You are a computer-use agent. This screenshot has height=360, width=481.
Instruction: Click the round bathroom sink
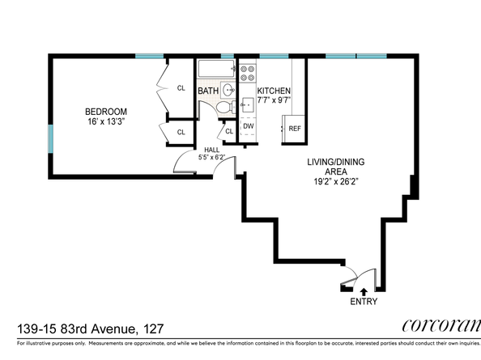[229, 91]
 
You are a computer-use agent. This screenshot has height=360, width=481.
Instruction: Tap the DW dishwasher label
[249, 125]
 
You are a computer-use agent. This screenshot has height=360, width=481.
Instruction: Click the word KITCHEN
[274, 91]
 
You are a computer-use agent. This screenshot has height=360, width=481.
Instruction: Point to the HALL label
[211, 149]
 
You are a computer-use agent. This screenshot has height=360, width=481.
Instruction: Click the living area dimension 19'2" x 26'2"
[332, 182]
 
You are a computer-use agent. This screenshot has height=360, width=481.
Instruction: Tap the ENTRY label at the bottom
[364, 302]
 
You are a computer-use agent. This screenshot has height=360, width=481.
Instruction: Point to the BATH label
[208, 91]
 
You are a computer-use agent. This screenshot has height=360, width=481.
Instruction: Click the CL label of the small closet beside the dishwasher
[229, 131]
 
